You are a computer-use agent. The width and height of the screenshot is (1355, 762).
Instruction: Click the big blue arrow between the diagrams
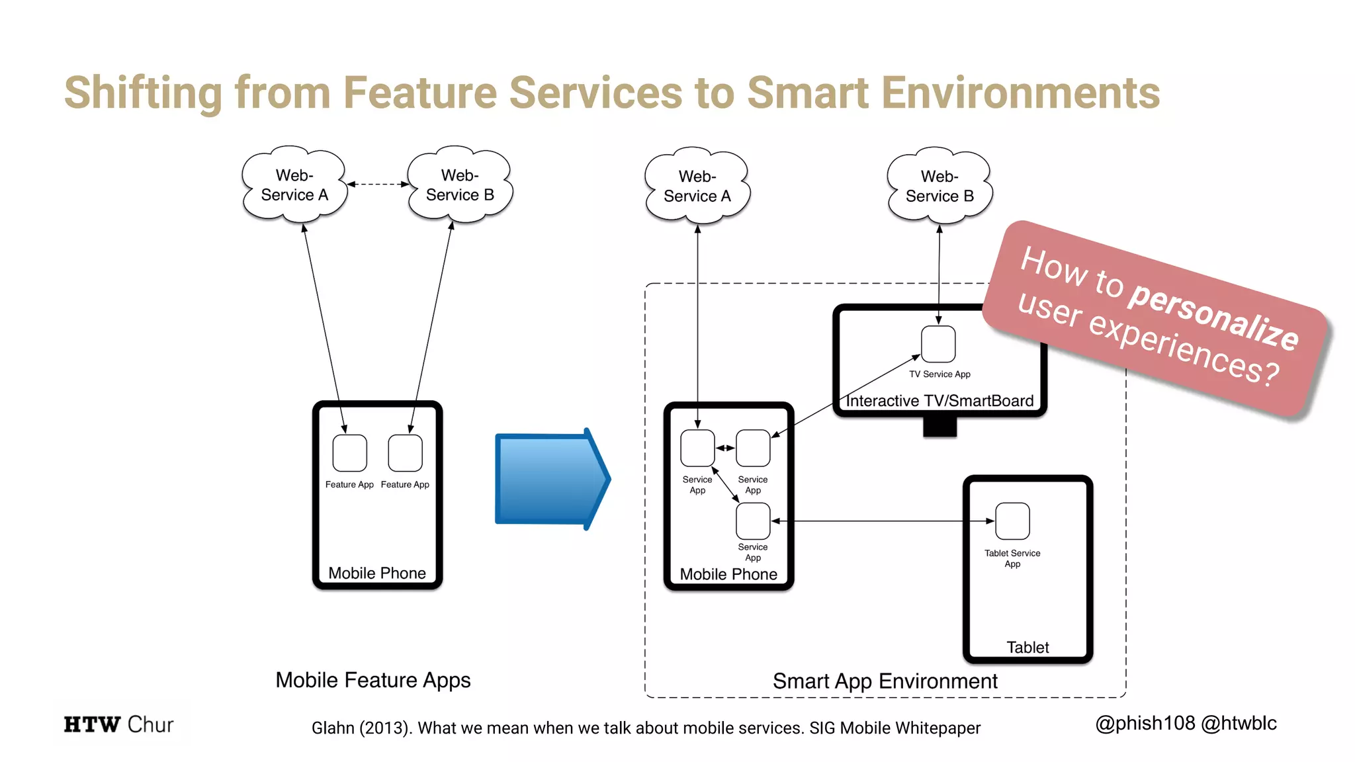click(x=550, y=479)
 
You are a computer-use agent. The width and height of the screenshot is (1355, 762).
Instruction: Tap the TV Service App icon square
click(x=938, y=345)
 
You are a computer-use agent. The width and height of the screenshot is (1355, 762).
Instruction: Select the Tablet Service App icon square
click(x=1012, y=521)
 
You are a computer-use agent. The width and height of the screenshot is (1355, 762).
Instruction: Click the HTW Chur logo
click(x=119, y=724)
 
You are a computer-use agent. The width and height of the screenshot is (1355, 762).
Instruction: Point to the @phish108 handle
click(x=1145, y=724)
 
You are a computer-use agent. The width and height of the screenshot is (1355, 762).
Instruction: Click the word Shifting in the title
click(x=143, y=93)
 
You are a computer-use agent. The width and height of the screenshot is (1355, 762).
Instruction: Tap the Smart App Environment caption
click(x=885, y=681)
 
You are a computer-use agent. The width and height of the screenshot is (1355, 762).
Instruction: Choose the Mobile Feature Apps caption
click(x=372, y=680)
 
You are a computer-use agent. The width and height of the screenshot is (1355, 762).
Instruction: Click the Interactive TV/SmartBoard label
click(x=940, y=401)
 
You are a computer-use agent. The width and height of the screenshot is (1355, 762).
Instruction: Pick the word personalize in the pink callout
click(x=1213, y=315)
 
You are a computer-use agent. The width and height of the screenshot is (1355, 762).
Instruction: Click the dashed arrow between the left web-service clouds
click(x=378, y=184)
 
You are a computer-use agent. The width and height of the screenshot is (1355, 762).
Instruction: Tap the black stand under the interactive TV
click(x=940, y=428)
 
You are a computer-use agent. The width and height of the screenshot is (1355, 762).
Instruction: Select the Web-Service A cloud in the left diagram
click(x=294, y=185)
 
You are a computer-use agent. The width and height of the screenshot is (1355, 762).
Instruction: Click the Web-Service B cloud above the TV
click(x=940, y=186)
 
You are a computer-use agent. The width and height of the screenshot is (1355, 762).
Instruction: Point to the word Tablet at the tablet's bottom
click(x=1027, y=647)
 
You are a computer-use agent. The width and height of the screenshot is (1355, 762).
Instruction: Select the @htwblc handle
click(x=1239, y=724)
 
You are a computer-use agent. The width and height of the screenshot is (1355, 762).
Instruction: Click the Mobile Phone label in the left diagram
click(x=377, y=573)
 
